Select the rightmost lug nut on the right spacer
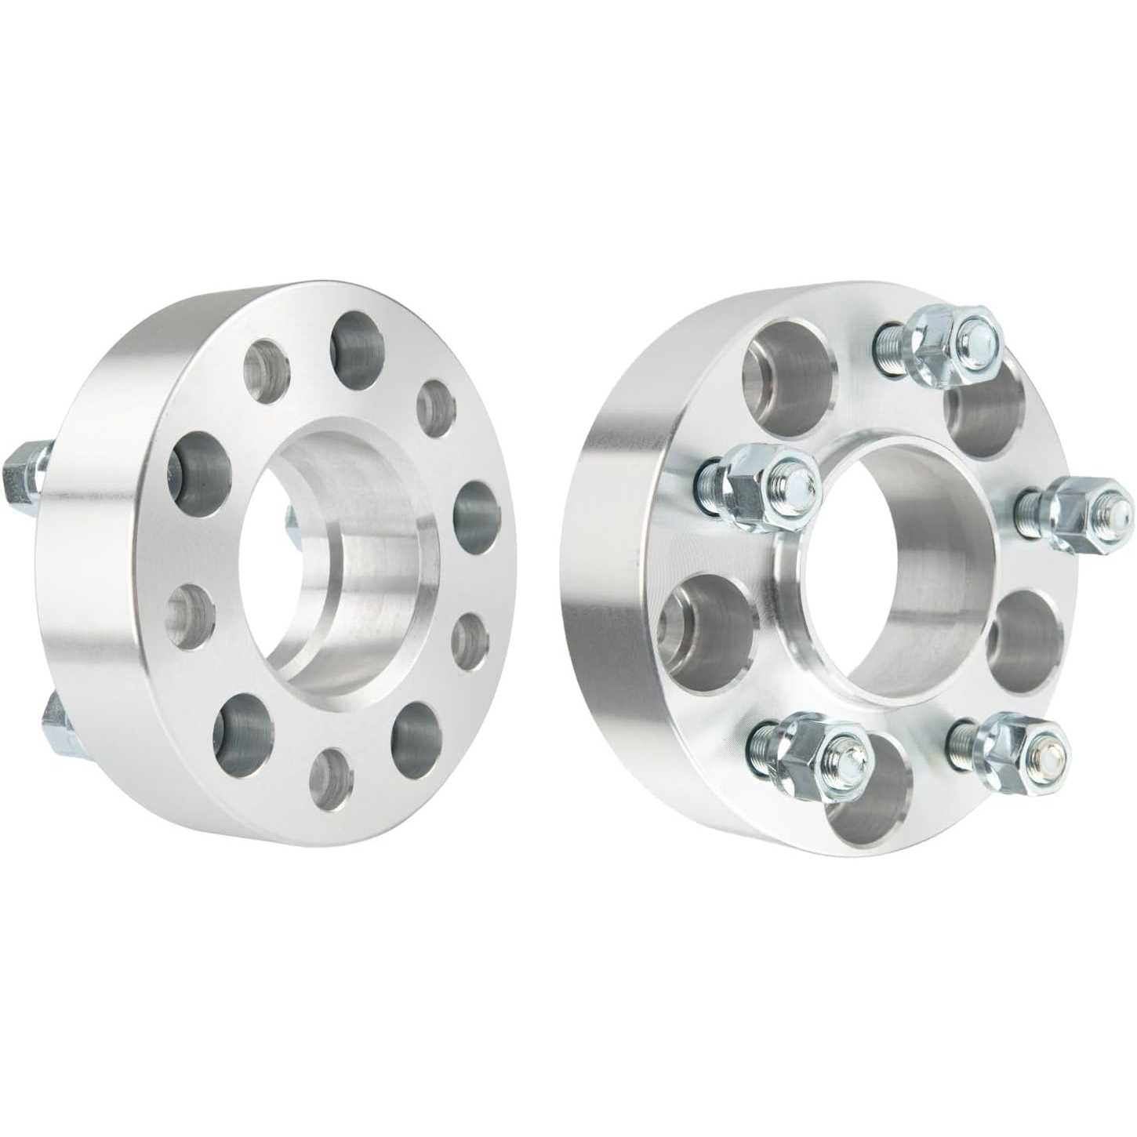pyautogui.click(x=1078, y=510)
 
